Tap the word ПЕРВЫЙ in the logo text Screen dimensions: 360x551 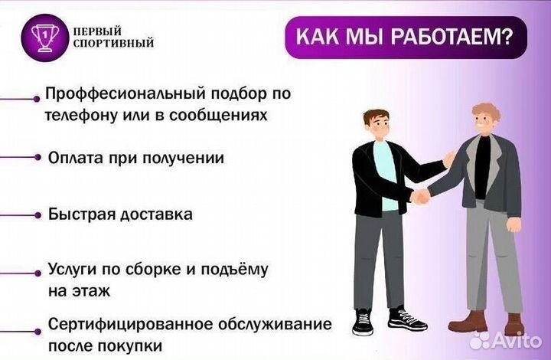tap(99, 31)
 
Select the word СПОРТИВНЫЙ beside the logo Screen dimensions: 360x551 tap(113, 44)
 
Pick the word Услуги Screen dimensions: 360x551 tap(74, 270)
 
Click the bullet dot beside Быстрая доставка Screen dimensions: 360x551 tap(37, 215)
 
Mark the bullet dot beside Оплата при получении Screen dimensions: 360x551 tap(37, 157)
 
